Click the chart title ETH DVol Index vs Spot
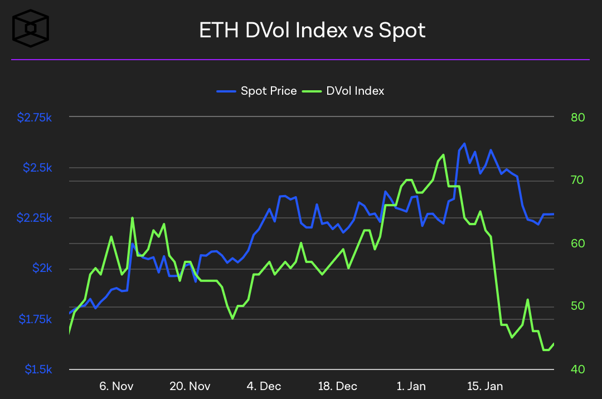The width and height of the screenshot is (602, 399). click(312, 30)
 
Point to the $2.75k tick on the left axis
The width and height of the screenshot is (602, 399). click(35, 118)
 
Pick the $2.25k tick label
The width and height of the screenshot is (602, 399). click(35, 218)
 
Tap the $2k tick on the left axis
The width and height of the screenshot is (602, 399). click(42, 269)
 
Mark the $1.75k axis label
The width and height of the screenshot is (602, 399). click(35, 319)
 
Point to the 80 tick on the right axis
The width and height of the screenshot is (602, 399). click(577, 118)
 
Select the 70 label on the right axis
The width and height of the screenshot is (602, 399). click(577, 180)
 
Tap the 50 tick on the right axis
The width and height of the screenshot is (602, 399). click(577, 306)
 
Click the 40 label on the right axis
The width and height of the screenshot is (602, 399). click(577, 369)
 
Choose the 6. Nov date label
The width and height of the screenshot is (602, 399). click(116, 386)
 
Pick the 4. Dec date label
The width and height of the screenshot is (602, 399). click(264, 386)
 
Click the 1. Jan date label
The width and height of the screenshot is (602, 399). click(411, 386)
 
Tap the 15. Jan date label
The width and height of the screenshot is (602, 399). click(484, 386)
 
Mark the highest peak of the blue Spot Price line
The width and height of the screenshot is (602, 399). click(464, 144)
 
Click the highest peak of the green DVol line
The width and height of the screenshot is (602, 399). click(443, 155)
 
